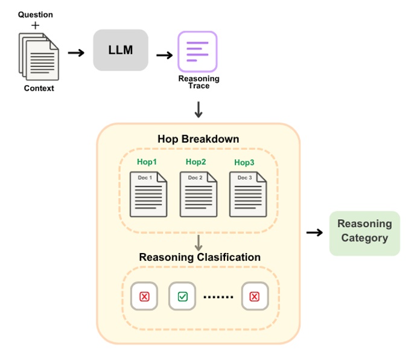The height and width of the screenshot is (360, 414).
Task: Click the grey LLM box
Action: tap(120, 50)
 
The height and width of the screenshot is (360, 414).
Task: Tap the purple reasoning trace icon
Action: tap(197, 52)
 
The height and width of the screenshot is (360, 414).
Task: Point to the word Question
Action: tap(35, 14)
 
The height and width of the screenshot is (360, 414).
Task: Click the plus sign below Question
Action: tap(35, 25)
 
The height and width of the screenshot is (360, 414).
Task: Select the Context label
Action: tap(39, 88)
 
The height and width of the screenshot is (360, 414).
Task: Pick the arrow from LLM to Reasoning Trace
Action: tap(164, 55)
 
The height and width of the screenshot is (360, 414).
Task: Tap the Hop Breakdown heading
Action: tap(198, 139)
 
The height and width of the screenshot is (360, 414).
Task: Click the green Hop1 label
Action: tap(147, 162)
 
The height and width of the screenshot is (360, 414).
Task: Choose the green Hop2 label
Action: tap(196, 162)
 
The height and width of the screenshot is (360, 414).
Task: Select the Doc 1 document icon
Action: tap(148, 194)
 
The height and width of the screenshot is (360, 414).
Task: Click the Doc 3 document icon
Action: tap(247, 194)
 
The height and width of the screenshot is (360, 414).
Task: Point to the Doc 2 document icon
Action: tap(198, 194)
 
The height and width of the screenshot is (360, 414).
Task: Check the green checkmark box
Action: tap(182, 296)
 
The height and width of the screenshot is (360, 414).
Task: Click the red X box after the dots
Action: tap(254, 296)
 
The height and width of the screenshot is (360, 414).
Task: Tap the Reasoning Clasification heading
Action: tap(200, 257)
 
